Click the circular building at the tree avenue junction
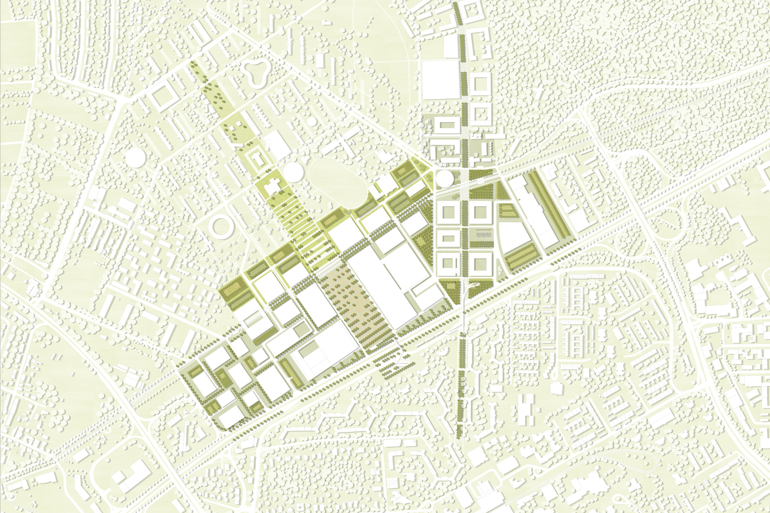point(445,180)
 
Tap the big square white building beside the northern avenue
point(440,80)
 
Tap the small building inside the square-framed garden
point(260,159)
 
